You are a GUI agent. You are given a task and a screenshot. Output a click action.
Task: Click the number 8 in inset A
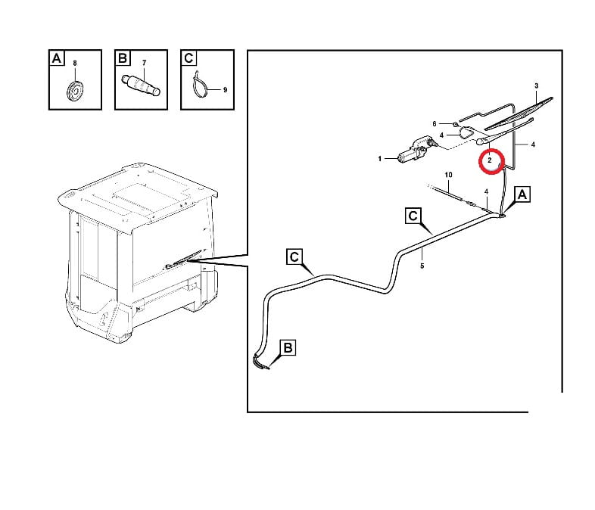pos(75,64)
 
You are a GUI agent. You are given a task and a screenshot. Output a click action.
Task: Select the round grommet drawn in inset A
pos(74,91)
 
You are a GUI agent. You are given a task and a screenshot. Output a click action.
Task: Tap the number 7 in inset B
pos(144,63)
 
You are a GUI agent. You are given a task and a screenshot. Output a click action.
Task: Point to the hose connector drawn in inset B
pos(141,85)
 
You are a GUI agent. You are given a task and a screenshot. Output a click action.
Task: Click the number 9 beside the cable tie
pos(225,90)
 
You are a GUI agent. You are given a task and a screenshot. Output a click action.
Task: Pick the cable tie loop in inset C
pos(200,86)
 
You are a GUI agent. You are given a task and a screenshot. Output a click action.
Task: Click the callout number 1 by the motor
pos(379,158)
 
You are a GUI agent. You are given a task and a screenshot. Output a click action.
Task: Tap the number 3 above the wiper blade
pos(536,86)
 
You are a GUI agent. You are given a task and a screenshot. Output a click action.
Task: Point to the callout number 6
pos(435,123)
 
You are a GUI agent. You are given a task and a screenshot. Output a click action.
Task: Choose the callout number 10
pos(448,175)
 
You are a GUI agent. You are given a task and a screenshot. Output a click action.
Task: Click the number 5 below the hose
pos(422,266)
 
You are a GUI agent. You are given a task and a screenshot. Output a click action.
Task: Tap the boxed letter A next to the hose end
pos(522,194)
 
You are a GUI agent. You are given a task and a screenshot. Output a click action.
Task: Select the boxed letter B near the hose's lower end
pos(288,348)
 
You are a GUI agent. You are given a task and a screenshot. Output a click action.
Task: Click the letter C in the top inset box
pos(188,58)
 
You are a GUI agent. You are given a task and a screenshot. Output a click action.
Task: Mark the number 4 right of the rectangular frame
pos(533,145)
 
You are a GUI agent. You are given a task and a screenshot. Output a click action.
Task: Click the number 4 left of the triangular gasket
pos(441,135)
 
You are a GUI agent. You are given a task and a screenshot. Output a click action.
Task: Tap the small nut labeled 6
pos(455,123)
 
